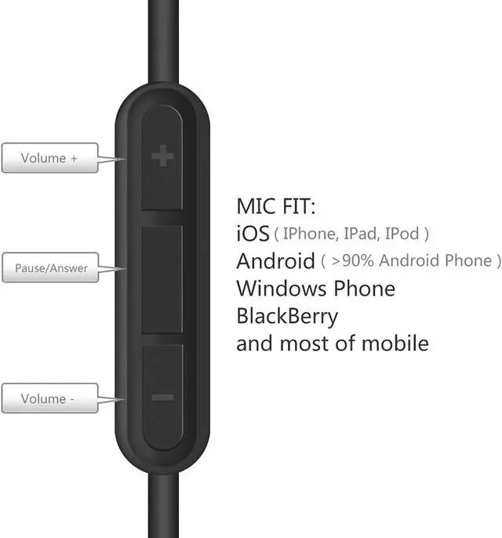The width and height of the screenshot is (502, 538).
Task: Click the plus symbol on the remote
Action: [x=162, y=157]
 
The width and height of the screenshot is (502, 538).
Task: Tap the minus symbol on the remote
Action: [x=162, y=398]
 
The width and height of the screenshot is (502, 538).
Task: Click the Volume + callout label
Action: [x=49, y=158]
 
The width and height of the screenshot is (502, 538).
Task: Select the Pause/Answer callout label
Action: [x=51, y=268]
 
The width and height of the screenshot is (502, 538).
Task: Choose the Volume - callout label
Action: [x=49, y=398]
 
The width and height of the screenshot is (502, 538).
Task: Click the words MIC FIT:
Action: [x=276, y=206]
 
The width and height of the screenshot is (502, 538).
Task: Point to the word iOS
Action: [x=253, y=234]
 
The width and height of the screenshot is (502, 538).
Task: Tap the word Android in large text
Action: [x=275, y=260]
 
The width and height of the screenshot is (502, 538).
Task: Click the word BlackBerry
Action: [x=287, y=316]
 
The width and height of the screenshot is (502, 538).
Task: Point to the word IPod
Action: [x=402, y=234]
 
